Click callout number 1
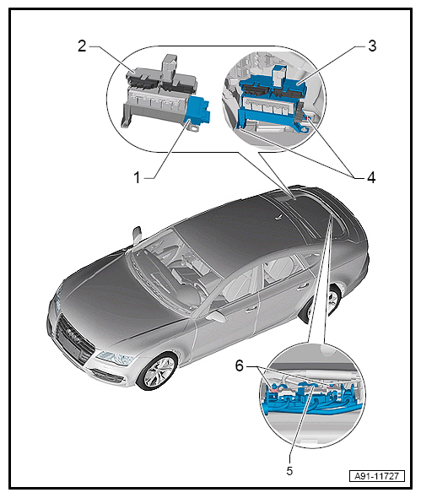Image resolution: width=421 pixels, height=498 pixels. tap(137, 177)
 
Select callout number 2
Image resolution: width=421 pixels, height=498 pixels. tap(82, 46)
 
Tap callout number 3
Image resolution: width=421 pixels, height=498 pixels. tap(372, 46)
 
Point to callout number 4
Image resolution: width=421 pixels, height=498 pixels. tap(371, 177)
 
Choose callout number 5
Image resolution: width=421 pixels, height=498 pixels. tap(289, 471)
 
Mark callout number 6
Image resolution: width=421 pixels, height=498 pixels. tap(239, 365)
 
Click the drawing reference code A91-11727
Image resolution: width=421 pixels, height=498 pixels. tap(376, 476)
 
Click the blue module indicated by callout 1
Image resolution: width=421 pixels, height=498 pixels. tap(198, 111)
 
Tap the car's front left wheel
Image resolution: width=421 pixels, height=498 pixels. tap(157, 371)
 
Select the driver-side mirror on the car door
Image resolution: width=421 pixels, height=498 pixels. tap(216, 316)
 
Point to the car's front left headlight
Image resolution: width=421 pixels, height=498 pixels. tap(115, 358)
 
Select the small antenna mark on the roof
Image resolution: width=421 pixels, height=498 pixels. tap(278, 218)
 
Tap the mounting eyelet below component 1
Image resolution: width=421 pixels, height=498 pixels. tap(194, 128)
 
